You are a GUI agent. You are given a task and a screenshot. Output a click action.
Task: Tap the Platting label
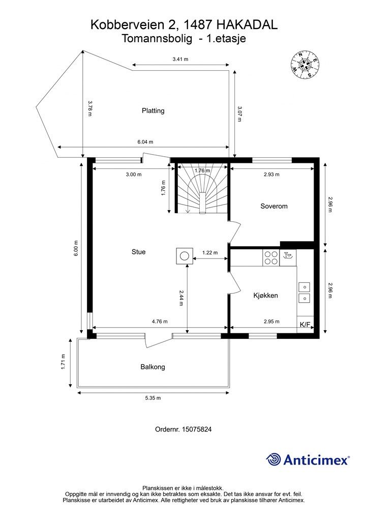pos(153,110)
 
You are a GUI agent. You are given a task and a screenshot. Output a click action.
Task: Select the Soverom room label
pos(274,206)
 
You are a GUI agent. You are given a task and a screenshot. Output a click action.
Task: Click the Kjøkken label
pos(265,296)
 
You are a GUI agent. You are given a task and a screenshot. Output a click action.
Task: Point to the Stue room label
pos(138,252)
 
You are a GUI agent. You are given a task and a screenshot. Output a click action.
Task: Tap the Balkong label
pos(152,367)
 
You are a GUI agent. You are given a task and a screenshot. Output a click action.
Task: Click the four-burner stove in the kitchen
pos(271,258)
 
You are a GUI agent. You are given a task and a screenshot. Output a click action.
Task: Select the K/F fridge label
pos(304,325)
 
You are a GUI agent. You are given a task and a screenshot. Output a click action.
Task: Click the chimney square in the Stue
pos(185,256)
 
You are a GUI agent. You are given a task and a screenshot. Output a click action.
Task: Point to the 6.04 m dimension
pos(145,142)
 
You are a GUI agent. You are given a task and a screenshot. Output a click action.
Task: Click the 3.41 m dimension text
pos(180,60)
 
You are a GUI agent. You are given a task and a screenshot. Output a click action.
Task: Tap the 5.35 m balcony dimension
pos(153,398)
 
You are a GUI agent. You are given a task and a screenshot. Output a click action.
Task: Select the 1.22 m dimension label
pos(210,252)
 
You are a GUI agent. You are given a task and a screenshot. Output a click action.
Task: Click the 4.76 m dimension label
pos(160,322)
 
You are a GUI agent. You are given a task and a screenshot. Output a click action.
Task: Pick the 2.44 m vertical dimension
pos(181,298)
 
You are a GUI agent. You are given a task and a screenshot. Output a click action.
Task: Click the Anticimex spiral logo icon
pos(273,459)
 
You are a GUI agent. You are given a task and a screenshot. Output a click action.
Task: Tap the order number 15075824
pos(197,429)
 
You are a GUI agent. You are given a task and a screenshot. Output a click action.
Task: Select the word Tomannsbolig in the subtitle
pos(157,39)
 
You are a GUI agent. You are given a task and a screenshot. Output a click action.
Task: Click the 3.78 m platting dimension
pos(89,108)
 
